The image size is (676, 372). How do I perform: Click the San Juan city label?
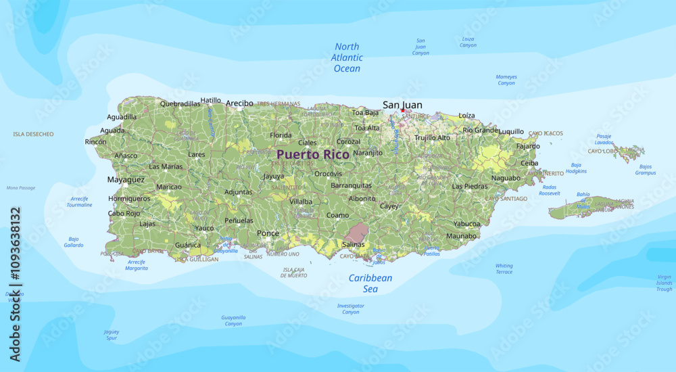click(x=402, y=104)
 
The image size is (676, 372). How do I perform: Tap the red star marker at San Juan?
click(x=403, y=110)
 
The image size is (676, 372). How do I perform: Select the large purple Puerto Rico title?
click(x=313, y=154)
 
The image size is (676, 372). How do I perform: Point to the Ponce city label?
click(x=268, y=233)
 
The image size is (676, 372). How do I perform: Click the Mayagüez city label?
click(x=126, y=180)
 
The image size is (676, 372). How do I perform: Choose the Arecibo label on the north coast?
click(x=239, y=103)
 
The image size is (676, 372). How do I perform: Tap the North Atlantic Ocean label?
click(x=347, y=57)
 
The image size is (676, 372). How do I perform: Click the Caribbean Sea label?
click(x=370, y=283)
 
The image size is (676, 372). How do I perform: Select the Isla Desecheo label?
click(x=33, y=135)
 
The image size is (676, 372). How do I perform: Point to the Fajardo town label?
click(x=528, y=146)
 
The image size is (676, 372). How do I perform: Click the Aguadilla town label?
click(x=122, y=117)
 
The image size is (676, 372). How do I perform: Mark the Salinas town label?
click(x=354, y=244)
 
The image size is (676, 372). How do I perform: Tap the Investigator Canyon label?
click(x=351, y=309)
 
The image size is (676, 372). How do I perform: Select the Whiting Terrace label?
click(x=504, y=269)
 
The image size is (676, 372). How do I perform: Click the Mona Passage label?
click(x=21, y=188)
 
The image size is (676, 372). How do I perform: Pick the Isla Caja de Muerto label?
click(x=294, y=273)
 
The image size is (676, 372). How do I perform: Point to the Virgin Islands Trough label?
click(x=664, y=283)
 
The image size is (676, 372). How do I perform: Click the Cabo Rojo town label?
click(x=124, y=214)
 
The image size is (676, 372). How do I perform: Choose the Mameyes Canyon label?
click(x=506, y=80)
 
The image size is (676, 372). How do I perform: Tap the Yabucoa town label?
click(x=466, y=223)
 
